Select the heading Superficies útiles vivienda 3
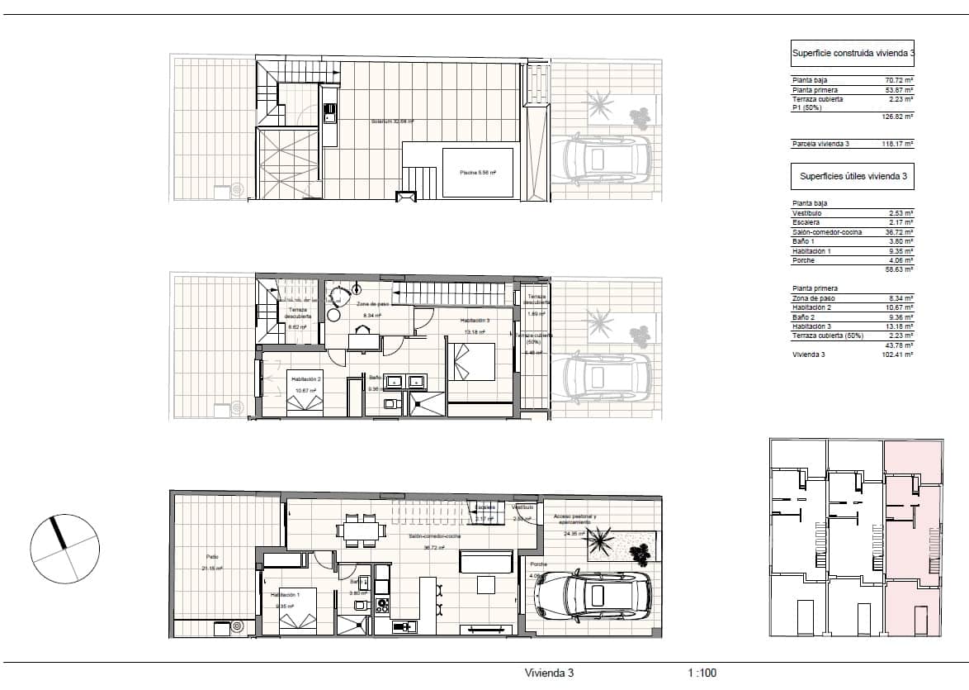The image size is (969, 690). pyautogui.click(x=853, y=176)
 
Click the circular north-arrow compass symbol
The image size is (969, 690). pyautogui.click(x=64, y=547)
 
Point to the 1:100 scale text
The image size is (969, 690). pyautogui.click(x=702, y=673)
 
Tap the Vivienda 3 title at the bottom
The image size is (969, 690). pyautogui.click(x=549, y=673)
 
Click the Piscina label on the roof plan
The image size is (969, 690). pyautogui.click(x=477, y=173)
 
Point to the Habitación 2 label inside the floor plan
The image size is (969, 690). pyautogui.click(x=306, y=379)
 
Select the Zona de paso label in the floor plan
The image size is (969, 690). pyautogui.click(x=373, y=304)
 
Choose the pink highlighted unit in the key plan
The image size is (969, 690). pyautogui.click(x=913, y=545)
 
